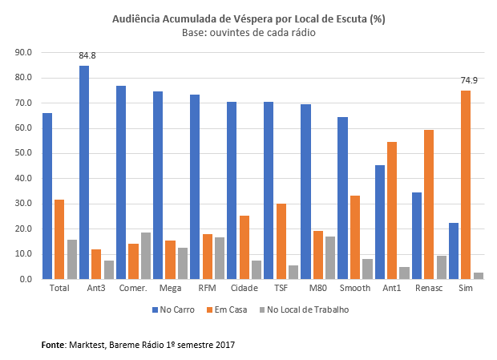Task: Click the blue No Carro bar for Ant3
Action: pos(84,172)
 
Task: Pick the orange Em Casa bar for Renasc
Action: pos(429,204)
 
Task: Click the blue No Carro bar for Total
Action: pos(47,196)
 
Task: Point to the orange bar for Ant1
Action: pos(392,210)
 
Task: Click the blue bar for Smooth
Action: pos(342,198)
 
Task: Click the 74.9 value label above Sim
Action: pos(469,81)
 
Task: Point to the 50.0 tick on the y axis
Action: pos(23,153)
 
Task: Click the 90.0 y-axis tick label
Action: pos(23,52)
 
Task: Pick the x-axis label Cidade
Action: pos(243,288)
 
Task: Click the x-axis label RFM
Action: pos(206,288)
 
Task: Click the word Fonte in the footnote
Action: pos(55,345)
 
